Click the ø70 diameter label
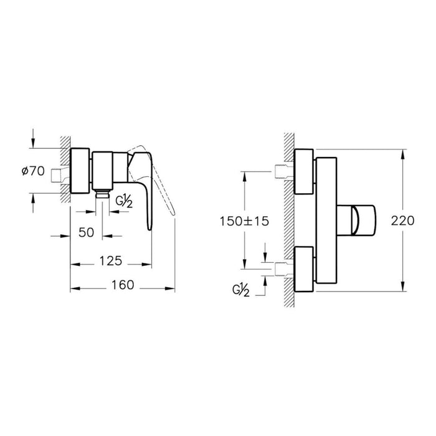tap(32, 172)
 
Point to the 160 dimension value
tap(122, 285)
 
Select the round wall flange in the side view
tap(81, 171)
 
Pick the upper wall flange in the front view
tap(303, 171)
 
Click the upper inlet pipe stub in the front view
tap(281, 171)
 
